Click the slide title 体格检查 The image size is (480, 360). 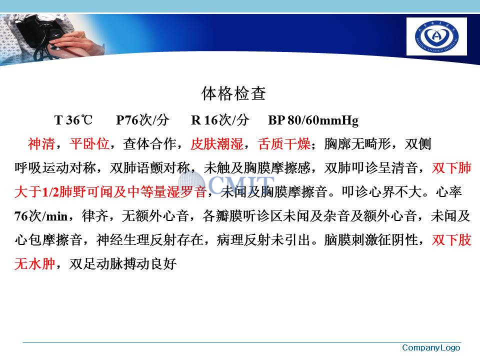233,93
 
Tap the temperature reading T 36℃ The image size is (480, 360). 73,120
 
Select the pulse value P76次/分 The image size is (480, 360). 142,120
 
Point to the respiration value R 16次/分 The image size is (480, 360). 220,120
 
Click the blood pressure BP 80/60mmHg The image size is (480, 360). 313,120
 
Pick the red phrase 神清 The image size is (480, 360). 41,144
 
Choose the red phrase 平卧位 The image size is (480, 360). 89,144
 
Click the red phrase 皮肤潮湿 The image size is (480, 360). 217,144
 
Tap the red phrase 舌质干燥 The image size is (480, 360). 284,144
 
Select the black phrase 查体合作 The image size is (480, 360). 149,144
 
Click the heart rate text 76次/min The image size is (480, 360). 41,216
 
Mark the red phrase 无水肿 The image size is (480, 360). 34,264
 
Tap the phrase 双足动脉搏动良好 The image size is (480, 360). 123,264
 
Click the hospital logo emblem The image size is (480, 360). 436,36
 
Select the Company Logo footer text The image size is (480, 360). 431,348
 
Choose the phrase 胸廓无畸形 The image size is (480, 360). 357,144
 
